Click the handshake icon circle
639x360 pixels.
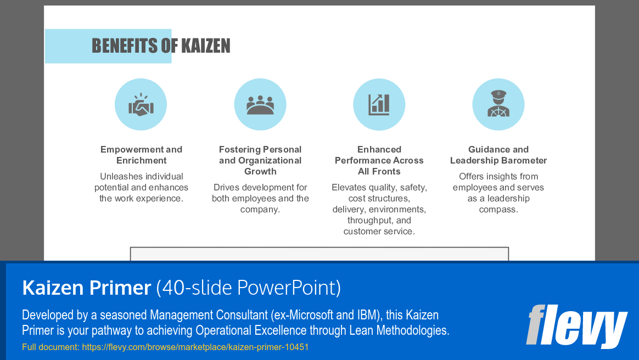(141, 104)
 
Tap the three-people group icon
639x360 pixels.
(260, 104)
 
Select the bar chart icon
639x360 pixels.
(379, 104)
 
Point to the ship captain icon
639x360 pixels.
(498, 104)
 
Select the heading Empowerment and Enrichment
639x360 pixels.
(141, 155)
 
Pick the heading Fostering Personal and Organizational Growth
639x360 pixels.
(260, 160)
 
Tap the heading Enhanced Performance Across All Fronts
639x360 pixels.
(379, 160)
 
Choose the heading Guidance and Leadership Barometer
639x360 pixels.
(498, 155)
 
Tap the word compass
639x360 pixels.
(498, 209)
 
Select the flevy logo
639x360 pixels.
(576, 326)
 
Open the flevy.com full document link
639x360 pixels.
(195, 347)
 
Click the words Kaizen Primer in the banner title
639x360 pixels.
(86, 288)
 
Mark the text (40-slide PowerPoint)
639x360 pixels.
(248, 288)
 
